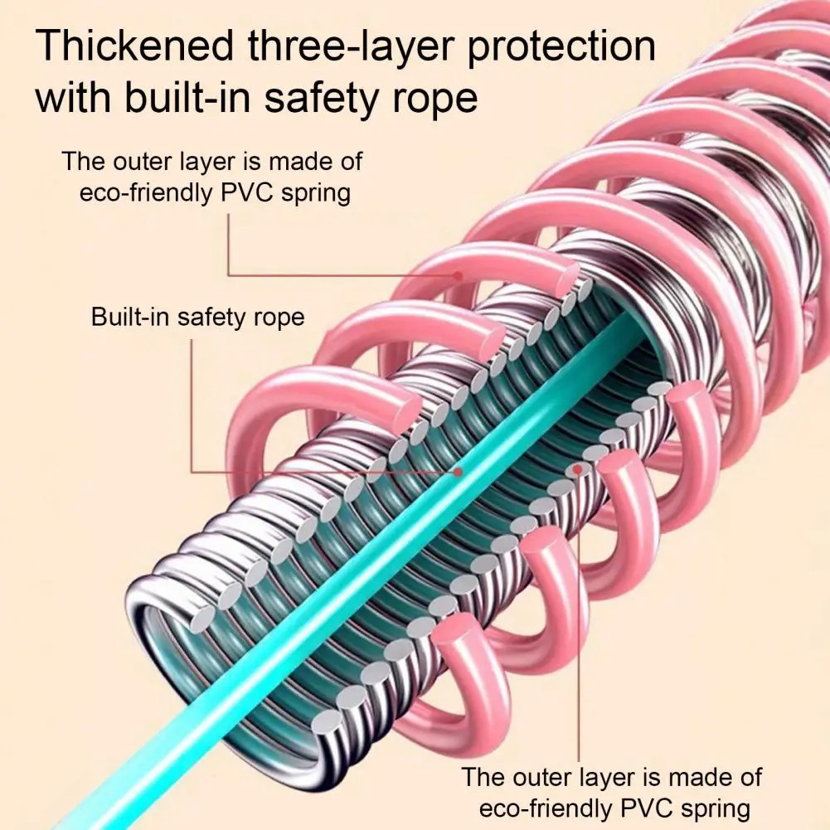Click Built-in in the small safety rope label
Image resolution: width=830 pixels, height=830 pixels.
[x=129, y=317]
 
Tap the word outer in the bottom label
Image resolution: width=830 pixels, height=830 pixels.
[x=547, y=777]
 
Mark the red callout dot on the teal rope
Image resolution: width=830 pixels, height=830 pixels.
[x=457, y=472]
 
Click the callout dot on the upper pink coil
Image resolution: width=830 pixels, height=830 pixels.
[x=457, y=274]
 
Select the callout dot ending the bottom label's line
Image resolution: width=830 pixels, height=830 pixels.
[x=578, y=470]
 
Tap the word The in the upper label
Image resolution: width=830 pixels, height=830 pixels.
[x=80, y=161]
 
